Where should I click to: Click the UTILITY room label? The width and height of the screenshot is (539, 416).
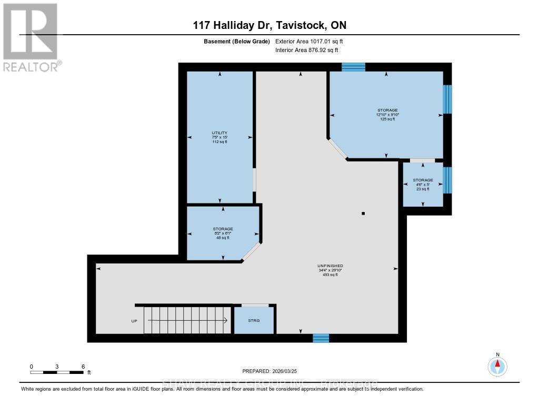tap(219, 137)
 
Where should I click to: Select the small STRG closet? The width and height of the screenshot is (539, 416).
tap(254, 320)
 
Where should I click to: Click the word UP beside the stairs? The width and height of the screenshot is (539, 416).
tap(134, 321)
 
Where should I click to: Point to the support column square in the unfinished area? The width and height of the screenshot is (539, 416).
tap(363, 214)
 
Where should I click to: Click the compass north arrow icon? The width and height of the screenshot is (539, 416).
tap(497, 365)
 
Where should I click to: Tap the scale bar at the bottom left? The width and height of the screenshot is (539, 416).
tap(57, 372)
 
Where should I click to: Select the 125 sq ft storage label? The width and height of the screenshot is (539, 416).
tap(387, 115)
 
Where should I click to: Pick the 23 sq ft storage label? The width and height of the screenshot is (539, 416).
tap(423, 185)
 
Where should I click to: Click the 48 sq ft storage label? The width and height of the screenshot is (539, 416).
tap(223, 233)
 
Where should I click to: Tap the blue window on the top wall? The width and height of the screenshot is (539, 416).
tap(353, 67)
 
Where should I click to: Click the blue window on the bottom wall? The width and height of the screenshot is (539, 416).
tap(321, 338)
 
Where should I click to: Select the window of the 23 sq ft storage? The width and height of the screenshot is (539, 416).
tap(447, 180)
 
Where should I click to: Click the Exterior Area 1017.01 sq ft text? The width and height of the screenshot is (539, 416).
tap(309, 41)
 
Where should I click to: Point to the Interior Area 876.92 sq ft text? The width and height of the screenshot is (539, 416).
tap(307, 50)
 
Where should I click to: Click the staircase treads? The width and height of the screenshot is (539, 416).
tap(187, 320)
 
